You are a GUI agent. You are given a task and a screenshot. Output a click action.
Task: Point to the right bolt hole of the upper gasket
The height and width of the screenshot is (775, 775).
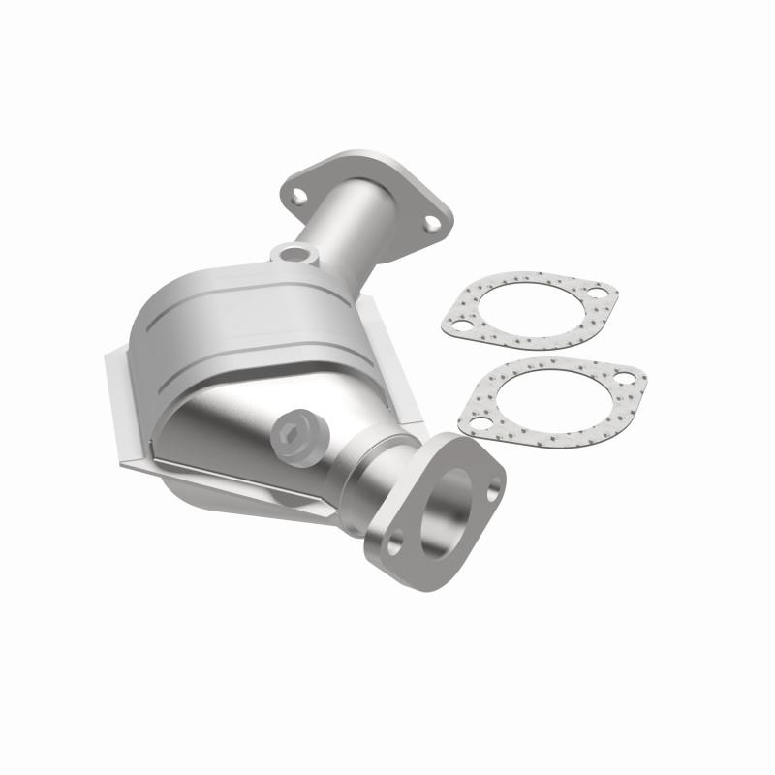coord(597,290)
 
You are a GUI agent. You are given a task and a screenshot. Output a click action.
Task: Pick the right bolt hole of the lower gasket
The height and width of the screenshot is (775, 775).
coord(625,377)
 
